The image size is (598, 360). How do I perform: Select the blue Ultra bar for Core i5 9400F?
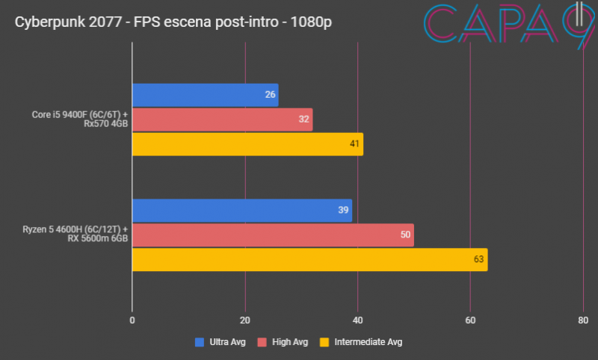205,95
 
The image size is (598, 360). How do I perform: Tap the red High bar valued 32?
222,120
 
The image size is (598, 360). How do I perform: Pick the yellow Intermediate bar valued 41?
247,144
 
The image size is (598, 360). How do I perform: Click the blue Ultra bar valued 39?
241,210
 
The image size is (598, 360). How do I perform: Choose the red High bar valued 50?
273,235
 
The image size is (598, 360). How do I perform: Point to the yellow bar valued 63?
309,259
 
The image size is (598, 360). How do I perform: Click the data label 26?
271,95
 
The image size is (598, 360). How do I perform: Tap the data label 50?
406,235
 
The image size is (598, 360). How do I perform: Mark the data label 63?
479,259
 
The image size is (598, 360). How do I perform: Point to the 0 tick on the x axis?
132,320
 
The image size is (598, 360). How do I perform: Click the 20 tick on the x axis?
245,320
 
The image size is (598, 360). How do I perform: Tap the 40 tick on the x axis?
357,320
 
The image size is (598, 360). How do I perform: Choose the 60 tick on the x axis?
470,320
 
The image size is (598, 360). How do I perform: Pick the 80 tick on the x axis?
582,320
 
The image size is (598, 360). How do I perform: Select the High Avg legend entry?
283,342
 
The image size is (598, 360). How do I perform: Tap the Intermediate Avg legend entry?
361,342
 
